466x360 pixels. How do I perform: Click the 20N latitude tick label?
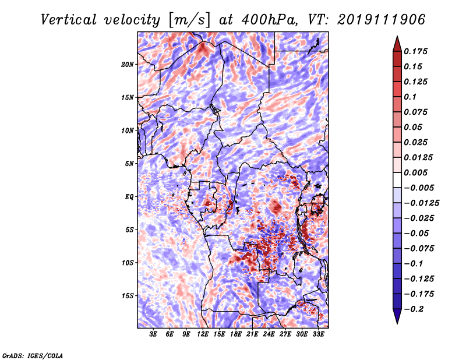[128, 64]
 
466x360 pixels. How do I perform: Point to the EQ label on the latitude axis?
[129, 197]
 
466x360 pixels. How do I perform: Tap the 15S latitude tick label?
[128, 296]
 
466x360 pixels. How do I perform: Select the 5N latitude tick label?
[129, 164]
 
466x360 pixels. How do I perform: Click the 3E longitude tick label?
[153, 335]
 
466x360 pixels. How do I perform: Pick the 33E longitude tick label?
[318, 335]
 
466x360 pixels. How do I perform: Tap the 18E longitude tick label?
[235, 335]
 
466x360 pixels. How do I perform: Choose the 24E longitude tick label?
[269, 335]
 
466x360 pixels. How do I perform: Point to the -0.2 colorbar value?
[415, 309]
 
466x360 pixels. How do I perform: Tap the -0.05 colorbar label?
[415, 233]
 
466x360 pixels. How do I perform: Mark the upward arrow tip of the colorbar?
[397, 38]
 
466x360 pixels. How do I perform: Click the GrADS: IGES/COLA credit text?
[32, 355]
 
